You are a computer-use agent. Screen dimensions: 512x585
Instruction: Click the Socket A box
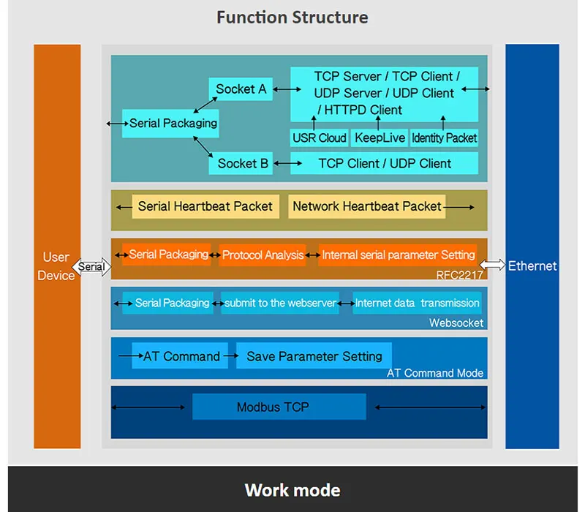(241, 89)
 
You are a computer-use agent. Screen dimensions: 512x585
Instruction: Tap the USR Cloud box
(320, 138)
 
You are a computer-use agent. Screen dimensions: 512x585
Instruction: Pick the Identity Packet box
(444, 138)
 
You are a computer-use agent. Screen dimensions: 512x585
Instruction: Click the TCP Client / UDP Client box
(385, 163)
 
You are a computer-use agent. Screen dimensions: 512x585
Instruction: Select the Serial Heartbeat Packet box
(205, 206)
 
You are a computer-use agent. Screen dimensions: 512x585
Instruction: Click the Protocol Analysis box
(263, 255)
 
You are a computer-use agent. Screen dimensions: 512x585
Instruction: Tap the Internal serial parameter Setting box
(398, 255)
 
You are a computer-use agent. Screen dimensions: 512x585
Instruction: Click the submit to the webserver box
(280, 303)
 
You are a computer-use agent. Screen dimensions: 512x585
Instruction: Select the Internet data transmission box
(417, 303)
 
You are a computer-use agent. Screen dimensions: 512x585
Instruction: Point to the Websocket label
(456, 323)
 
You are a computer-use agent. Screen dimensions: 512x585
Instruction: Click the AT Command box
(181, 356)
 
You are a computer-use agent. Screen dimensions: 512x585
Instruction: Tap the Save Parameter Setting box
(314, 356)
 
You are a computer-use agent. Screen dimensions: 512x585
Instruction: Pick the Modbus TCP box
(279, 407)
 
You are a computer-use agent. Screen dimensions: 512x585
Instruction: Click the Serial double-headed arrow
(91, 267)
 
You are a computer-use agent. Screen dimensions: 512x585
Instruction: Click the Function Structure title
(292, 17)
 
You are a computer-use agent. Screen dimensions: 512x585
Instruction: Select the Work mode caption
(292, 489)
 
